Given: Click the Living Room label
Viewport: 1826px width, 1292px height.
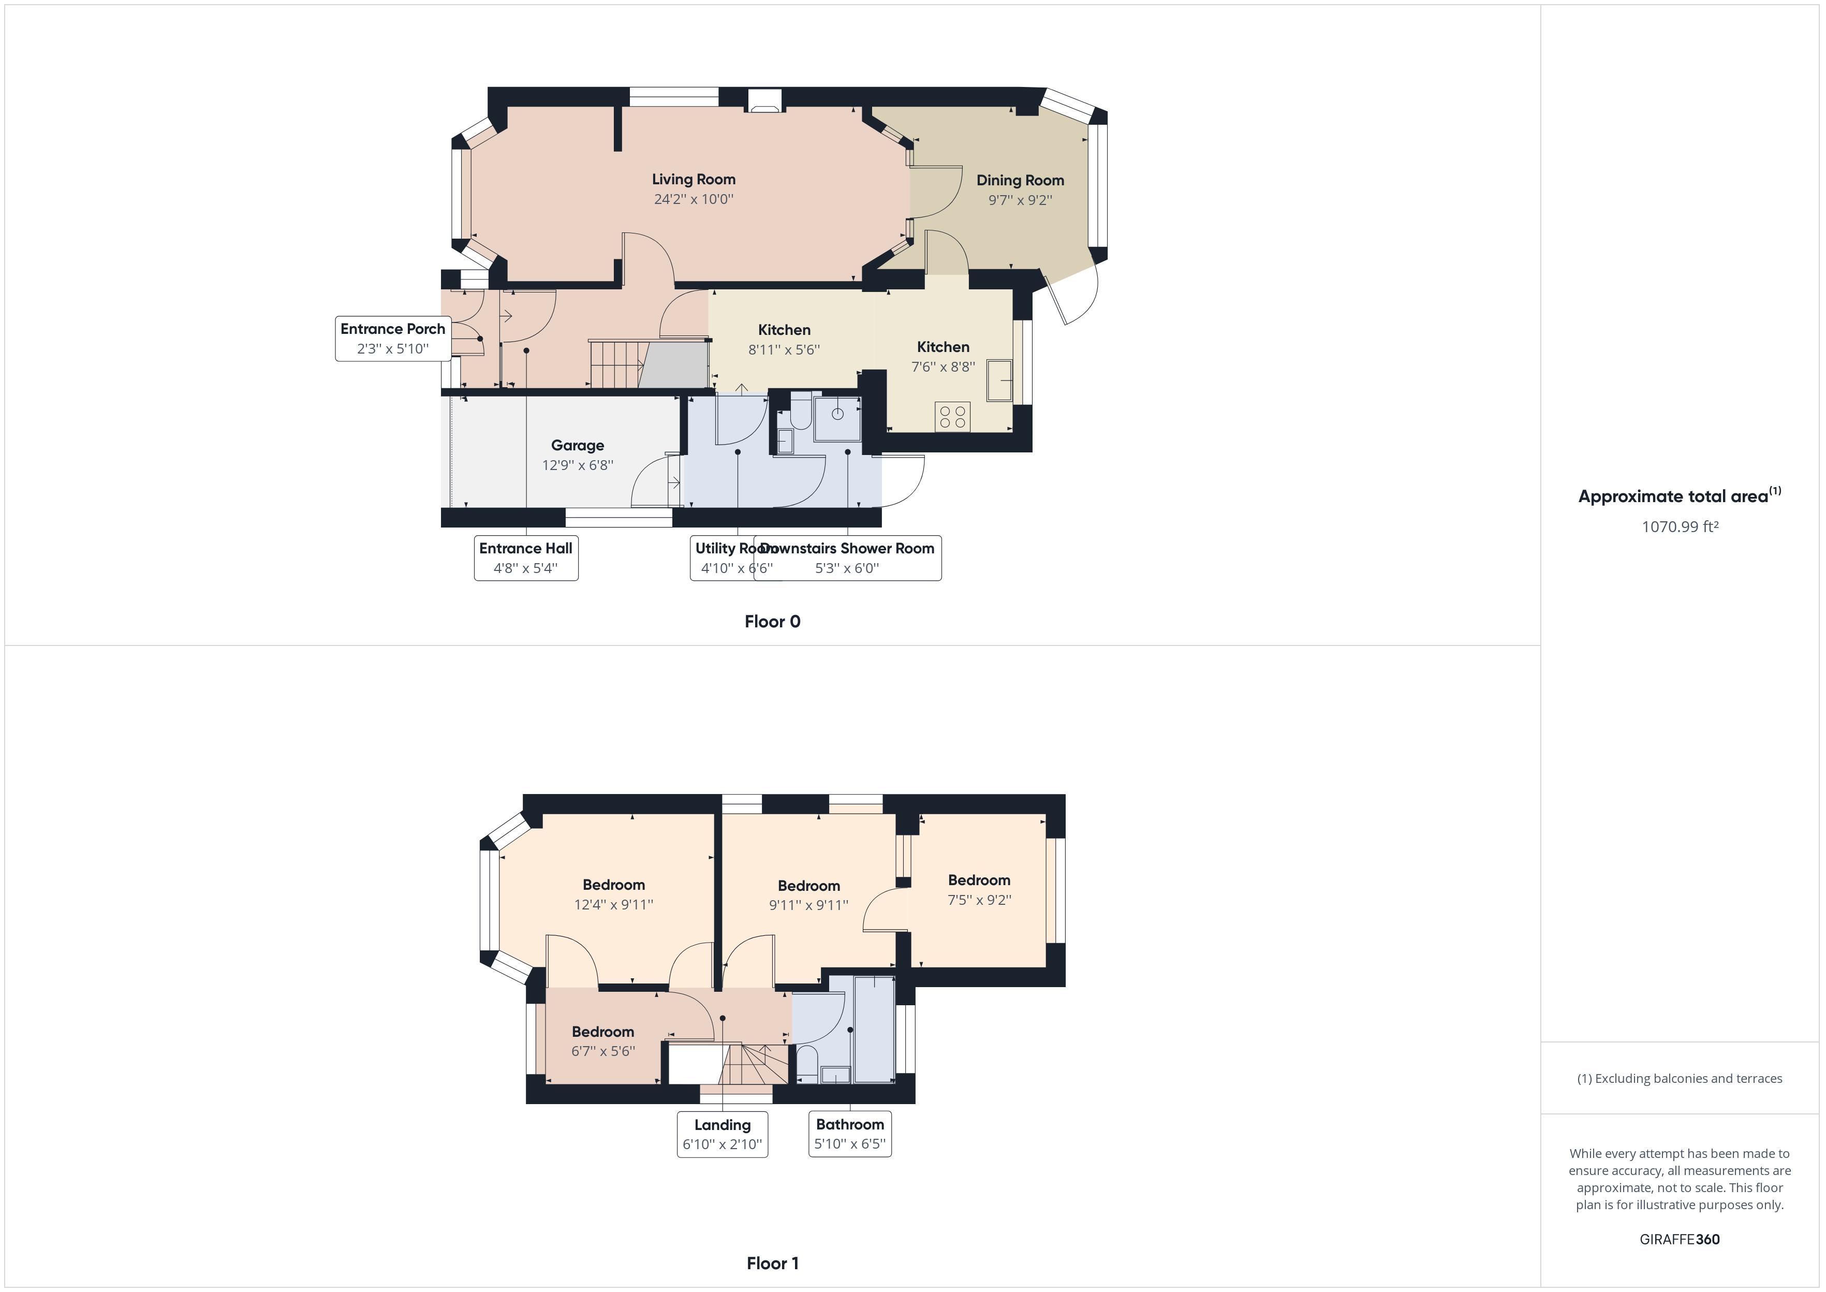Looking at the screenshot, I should click(x=694, y=180).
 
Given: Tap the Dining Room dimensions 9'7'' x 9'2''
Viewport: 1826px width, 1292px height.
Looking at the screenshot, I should click(x=1020, y=200).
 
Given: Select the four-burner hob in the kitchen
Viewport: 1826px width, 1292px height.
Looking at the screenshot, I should click(x=952, y=417).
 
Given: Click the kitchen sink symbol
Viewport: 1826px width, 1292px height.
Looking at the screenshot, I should click(x=999, y=381).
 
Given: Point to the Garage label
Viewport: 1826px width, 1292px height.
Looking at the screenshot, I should click(x=578, y=446).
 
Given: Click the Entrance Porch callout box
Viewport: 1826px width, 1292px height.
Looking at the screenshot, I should click(x=393, y=338).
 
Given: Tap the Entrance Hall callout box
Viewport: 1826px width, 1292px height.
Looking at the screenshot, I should click(x=526, y=557).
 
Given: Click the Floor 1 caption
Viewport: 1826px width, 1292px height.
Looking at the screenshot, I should click(x=772, y=1264).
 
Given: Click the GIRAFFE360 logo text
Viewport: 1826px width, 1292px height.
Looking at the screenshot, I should click(x=1679, y=1239).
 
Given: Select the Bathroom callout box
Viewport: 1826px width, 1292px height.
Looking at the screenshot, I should click(x=849, y=1134).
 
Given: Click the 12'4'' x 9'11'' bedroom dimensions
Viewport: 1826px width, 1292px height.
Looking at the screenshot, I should click(x=613, y=905).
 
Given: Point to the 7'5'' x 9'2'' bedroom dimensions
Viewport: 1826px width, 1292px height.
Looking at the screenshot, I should click(x=979, y=900).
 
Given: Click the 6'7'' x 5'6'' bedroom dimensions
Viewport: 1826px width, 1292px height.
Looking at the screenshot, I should click(x=603, y=1051).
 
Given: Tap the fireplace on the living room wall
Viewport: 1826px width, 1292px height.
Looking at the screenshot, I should click(x=765, y=100).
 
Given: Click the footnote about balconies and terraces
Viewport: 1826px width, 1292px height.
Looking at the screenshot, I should click(x=1680, y=1079).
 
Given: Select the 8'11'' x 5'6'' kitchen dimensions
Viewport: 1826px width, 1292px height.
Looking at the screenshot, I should click(x=784, y=349).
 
